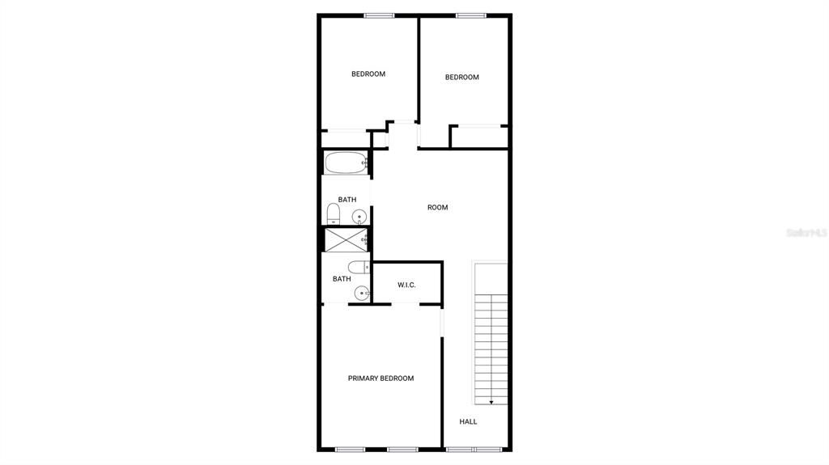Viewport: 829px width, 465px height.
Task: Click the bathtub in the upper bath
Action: [346, 163]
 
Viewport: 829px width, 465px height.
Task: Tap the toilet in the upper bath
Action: [333, 214]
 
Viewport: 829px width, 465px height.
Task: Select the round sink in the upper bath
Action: [359, 216]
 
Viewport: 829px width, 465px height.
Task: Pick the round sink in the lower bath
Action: [361, 294]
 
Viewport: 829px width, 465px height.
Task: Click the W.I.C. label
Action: [406, 285]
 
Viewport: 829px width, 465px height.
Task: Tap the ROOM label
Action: [437, 208]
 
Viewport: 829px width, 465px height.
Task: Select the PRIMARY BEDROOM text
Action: [380, 378]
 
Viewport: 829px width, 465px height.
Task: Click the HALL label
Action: [468, 421]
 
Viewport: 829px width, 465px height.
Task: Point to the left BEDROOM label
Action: [368, 74]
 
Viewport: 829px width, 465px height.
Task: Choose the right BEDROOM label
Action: [461, 78]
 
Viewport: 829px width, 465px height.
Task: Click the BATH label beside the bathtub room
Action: [346, 200]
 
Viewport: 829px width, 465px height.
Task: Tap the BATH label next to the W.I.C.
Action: [342, 279]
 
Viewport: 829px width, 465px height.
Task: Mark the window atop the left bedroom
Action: [379, 15]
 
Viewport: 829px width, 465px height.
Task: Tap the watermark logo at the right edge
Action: [806, 232]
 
